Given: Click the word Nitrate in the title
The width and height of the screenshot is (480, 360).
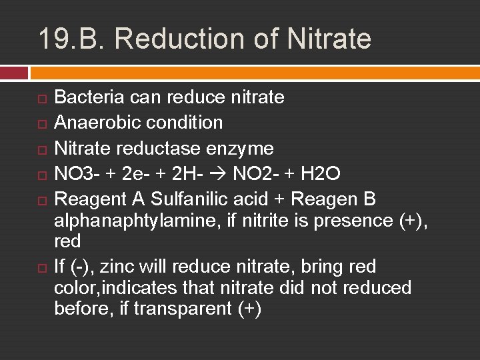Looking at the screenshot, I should [x=329, y=38].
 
